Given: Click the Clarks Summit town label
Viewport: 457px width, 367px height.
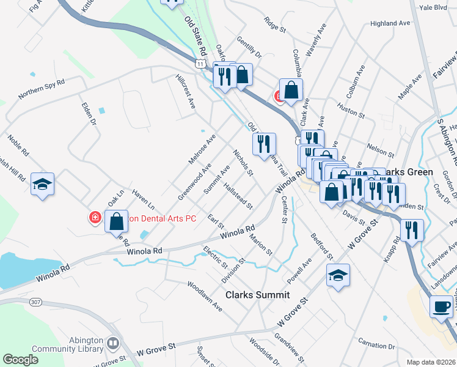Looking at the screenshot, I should click(x=257, y=295).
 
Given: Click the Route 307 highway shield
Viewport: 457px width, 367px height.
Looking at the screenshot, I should click(x=36, y=302).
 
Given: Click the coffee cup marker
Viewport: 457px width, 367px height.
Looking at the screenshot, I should click(x=441, y=306).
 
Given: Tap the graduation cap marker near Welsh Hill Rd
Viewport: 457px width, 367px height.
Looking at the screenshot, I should click(x=43, y=184).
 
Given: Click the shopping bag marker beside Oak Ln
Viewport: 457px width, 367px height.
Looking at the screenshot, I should click(x=116, y=221).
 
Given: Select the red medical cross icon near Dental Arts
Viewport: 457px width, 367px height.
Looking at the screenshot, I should click(x=95, y=218).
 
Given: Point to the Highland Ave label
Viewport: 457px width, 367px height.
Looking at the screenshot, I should click(x=390, y=23).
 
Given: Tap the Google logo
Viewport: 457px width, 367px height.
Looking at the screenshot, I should click(x=20, y=360).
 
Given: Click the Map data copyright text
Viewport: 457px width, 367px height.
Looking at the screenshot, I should click(x=431, y=362).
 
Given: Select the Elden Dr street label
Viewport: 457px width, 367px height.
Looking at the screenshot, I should click(x=89, y=113).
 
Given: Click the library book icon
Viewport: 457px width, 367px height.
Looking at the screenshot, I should click(x=112, y=344).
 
